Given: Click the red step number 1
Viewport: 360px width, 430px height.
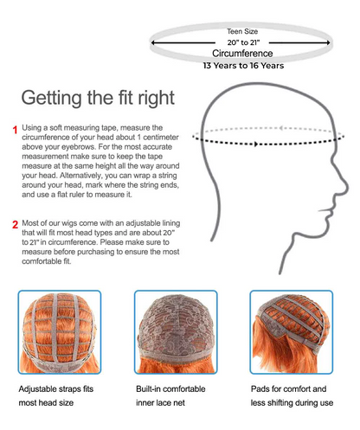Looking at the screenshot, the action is (15, 130).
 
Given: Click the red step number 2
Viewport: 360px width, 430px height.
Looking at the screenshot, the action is (16, 224).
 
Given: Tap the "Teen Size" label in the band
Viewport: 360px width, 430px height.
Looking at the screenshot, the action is (242, 31).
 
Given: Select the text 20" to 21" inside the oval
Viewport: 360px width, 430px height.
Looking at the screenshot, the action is (243, 42).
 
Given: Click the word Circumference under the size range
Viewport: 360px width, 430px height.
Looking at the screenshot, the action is (242, 54).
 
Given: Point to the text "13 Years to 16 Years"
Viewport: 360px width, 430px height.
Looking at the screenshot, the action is (243, 66).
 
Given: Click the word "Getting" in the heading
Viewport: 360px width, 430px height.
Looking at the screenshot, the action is (52, 98).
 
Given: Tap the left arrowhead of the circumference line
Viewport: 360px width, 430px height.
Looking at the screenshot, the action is (153, 42).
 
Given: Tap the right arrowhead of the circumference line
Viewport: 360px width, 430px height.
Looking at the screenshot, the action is (328, 42).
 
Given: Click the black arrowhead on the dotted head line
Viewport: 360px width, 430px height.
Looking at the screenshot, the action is (256, 144).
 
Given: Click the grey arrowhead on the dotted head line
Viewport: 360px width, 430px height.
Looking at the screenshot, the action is (281, 128).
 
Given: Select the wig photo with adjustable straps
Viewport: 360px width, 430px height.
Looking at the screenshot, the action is (60, 332).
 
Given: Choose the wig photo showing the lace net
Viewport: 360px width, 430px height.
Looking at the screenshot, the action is (176, 332).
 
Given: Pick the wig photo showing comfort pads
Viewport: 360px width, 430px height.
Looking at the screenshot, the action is (292, 332).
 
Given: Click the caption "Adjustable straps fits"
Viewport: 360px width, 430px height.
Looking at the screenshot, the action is (56, 389).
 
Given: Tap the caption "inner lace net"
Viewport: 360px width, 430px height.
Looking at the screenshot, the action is (160, 402).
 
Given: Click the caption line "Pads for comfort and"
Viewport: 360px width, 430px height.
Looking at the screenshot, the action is (288, 389).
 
